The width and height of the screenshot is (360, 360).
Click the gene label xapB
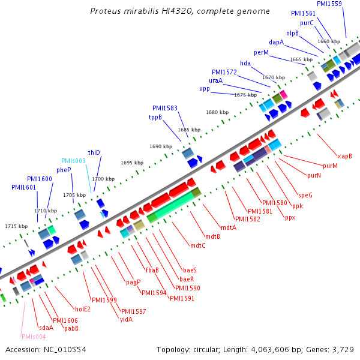coord(344,156)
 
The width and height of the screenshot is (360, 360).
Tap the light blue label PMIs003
coord(74,161)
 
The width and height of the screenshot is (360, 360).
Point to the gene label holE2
coord(82,309)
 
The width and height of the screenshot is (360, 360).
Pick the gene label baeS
coord(190,270)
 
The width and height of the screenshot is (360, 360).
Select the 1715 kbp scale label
coord(16,226)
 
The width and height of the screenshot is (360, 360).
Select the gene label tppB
coord(155,117)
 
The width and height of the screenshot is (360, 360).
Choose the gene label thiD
coord(94,152)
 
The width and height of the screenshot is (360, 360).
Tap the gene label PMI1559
coord(329,4)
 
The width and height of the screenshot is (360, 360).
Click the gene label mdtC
coord(197,245)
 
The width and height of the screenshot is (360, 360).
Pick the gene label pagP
coord(133,282)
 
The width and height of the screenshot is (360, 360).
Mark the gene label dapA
coord(277,42)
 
